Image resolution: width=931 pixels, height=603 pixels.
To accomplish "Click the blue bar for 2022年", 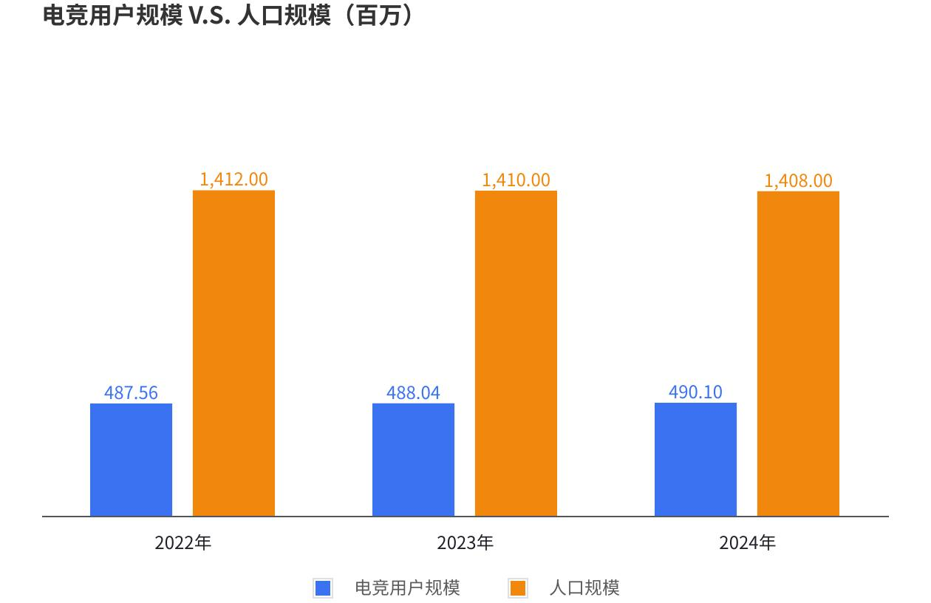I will coord(131,459).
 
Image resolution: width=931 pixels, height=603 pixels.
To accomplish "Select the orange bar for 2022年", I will coord(233,353).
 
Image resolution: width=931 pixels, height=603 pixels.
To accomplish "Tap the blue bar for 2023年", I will coord(413,459).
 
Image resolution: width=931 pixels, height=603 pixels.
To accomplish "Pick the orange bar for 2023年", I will coord(516,353).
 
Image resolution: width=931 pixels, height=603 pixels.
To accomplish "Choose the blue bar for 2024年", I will coord(695,459).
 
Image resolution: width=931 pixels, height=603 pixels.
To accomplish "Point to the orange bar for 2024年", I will coord(798,353).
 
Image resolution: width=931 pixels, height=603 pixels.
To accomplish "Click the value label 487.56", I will coord(131,392).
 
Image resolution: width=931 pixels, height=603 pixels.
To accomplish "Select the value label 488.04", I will coord(413,392).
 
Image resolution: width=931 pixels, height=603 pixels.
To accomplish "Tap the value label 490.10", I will coord(695,392).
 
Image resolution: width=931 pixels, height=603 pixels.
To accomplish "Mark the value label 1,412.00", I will coord(233,179).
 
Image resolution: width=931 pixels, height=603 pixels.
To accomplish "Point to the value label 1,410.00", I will coord(516,180).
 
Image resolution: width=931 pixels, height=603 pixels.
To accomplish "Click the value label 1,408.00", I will coord(798,180).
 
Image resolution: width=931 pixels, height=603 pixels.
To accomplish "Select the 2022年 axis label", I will coord(183,543).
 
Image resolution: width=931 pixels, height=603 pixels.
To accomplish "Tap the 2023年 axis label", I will coord(465,543).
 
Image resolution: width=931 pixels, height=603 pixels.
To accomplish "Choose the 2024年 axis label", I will coord(747,543).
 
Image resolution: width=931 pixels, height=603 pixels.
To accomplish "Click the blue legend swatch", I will coord(323,588).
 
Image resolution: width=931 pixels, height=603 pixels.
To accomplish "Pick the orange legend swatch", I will coord(518,588).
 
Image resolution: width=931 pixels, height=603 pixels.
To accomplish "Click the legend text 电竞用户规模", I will coord(407,588).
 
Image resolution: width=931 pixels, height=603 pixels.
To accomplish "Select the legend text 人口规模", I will coord(584,588).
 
